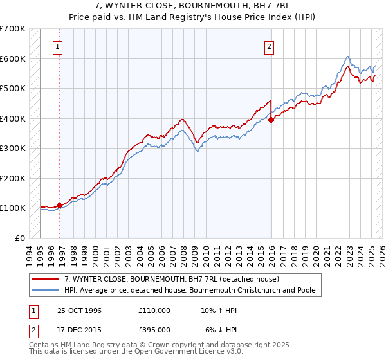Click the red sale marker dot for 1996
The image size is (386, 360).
coord(60,205)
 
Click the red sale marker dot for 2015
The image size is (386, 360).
coord(271,119)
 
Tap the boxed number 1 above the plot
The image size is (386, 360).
coord(58,46)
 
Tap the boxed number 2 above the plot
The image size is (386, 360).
coord(269,46)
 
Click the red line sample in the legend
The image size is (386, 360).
coord(46,280)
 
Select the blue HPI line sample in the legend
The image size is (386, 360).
coord(46,290)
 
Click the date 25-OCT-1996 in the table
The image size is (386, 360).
coord(79,310)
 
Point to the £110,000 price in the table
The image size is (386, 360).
coord(154,310)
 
